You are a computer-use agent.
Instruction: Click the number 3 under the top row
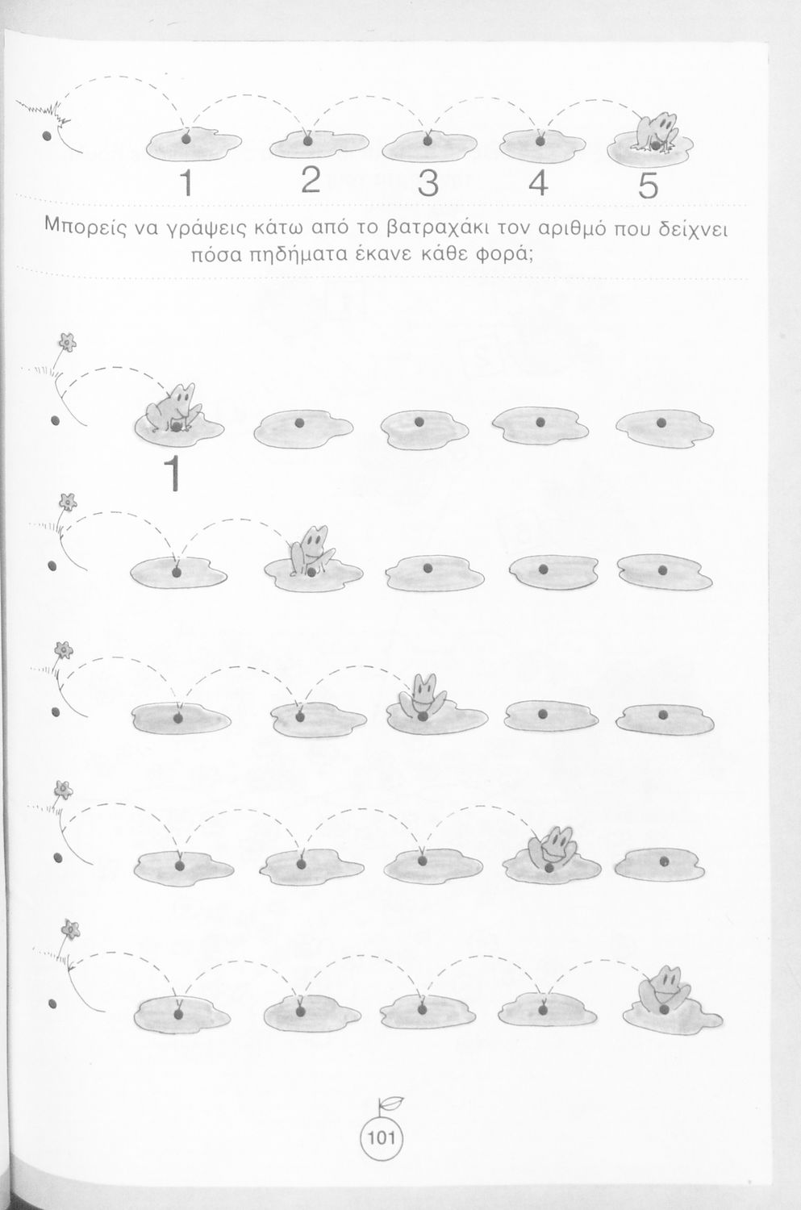pos(428,182)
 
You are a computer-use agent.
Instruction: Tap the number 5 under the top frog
pos(649,186)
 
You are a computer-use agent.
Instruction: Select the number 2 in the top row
pos(311,179)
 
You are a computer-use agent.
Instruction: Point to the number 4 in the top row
pos(538,182)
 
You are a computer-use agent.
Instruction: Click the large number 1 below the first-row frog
pos(173,473)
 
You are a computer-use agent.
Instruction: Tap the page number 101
pos(382,1138)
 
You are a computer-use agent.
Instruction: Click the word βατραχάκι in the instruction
pos(438,228)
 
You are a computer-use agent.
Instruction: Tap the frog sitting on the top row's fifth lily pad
pos(655,131)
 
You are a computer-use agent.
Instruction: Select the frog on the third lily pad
pos(423,697)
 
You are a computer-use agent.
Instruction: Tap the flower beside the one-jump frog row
pos(67,342)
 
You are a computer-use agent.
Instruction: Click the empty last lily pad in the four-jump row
pos(660,864)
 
